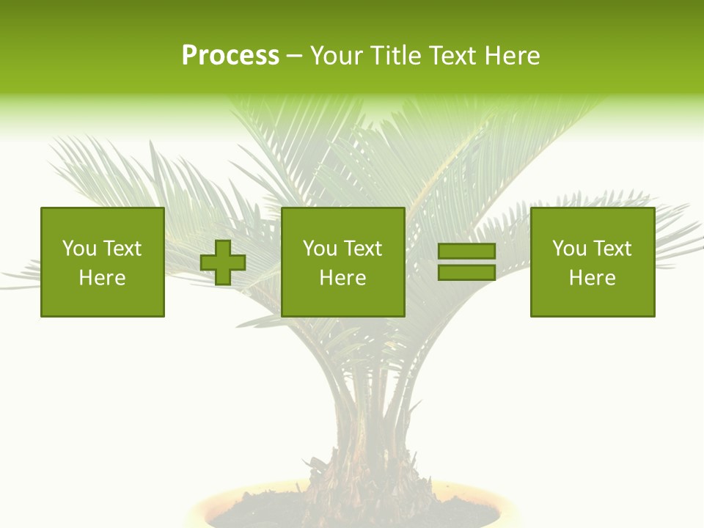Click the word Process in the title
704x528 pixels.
[x=230, y=56]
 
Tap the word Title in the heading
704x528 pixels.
[x=397, y=56]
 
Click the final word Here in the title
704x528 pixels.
[x=513, y=56]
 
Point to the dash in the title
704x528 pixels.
[x=294, y=56]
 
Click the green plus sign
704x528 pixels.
[x=223, y=263]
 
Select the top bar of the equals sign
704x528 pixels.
[x=466, y=252]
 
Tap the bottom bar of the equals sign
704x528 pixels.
[x=466, y=272]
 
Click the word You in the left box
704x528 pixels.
[x=79, y=249]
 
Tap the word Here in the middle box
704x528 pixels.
[x=343, y=278]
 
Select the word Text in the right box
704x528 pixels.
[x=613, y=249]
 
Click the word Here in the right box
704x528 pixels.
[x=593, y=278]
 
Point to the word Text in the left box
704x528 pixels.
[x=122, y=249]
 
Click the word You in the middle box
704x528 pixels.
[x=320, y=249]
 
